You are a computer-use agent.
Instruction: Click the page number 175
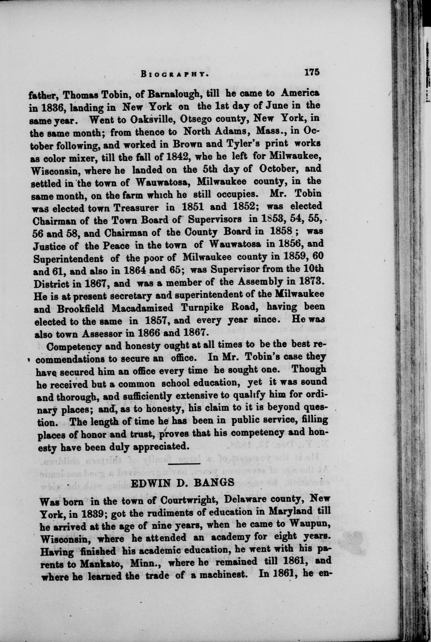pos(311,73)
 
